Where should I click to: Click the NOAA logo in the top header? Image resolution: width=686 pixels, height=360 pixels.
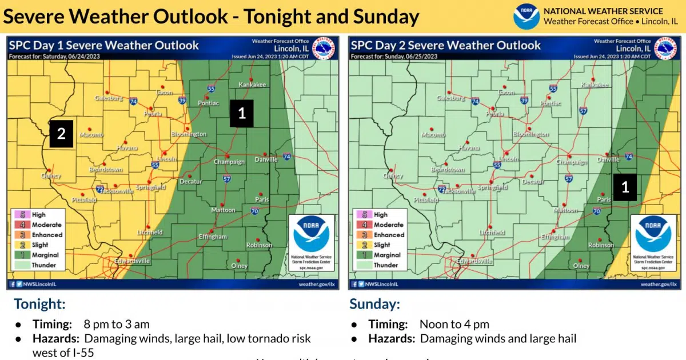(526, 17)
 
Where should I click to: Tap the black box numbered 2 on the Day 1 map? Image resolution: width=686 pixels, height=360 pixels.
(61, 134)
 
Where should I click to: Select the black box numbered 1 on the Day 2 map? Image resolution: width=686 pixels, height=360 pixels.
(625, 187)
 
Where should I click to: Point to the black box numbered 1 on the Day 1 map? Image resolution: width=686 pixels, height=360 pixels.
(241, 113)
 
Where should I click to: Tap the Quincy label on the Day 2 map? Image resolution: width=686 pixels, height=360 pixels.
(393, 176)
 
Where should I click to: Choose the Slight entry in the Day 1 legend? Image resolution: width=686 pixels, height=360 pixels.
(40, 245)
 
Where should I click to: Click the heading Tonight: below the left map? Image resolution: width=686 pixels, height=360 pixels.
(40, 303)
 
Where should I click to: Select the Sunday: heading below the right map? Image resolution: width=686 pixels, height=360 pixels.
(374, 303)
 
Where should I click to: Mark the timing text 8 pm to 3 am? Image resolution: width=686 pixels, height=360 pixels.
(117, 325)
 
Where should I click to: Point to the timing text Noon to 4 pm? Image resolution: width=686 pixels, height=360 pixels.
(454, 325)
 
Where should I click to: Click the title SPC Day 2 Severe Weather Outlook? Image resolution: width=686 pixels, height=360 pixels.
(445, 45)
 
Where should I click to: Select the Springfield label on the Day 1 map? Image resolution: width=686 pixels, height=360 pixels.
(152, 187)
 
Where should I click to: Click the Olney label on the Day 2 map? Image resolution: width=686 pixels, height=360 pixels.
(581, 266)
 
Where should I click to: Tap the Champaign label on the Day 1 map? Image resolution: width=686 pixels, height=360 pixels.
(229, 162)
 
